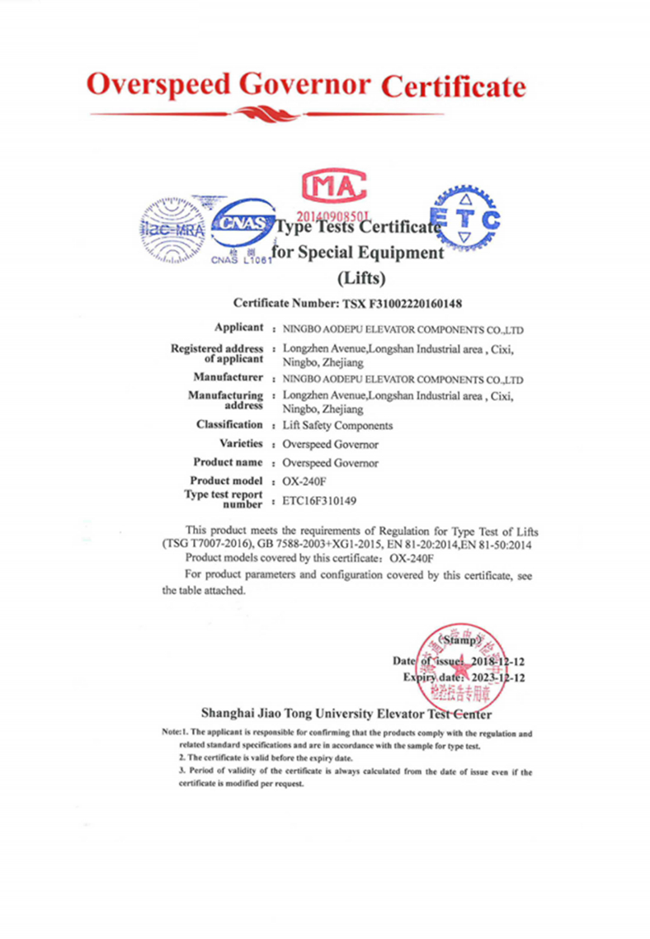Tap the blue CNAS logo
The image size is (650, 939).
(x=242, y=225)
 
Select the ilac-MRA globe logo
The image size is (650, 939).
(x=172, y=228)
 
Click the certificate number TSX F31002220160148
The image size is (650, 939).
(x=404, y=303)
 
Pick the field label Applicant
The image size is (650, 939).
(x=238, y=328)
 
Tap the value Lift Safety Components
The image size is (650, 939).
(x=337, y=426)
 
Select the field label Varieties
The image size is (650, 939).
(x=241, y=443)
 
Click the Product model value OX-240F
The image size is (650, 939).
(x=305, y=480)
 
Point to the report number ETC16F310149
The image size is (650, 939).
(x=320, y=500)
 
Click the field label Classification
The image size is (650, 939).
(x=229, y=424)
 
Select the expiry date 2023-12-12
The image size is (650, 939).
(x=497, y=677)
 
